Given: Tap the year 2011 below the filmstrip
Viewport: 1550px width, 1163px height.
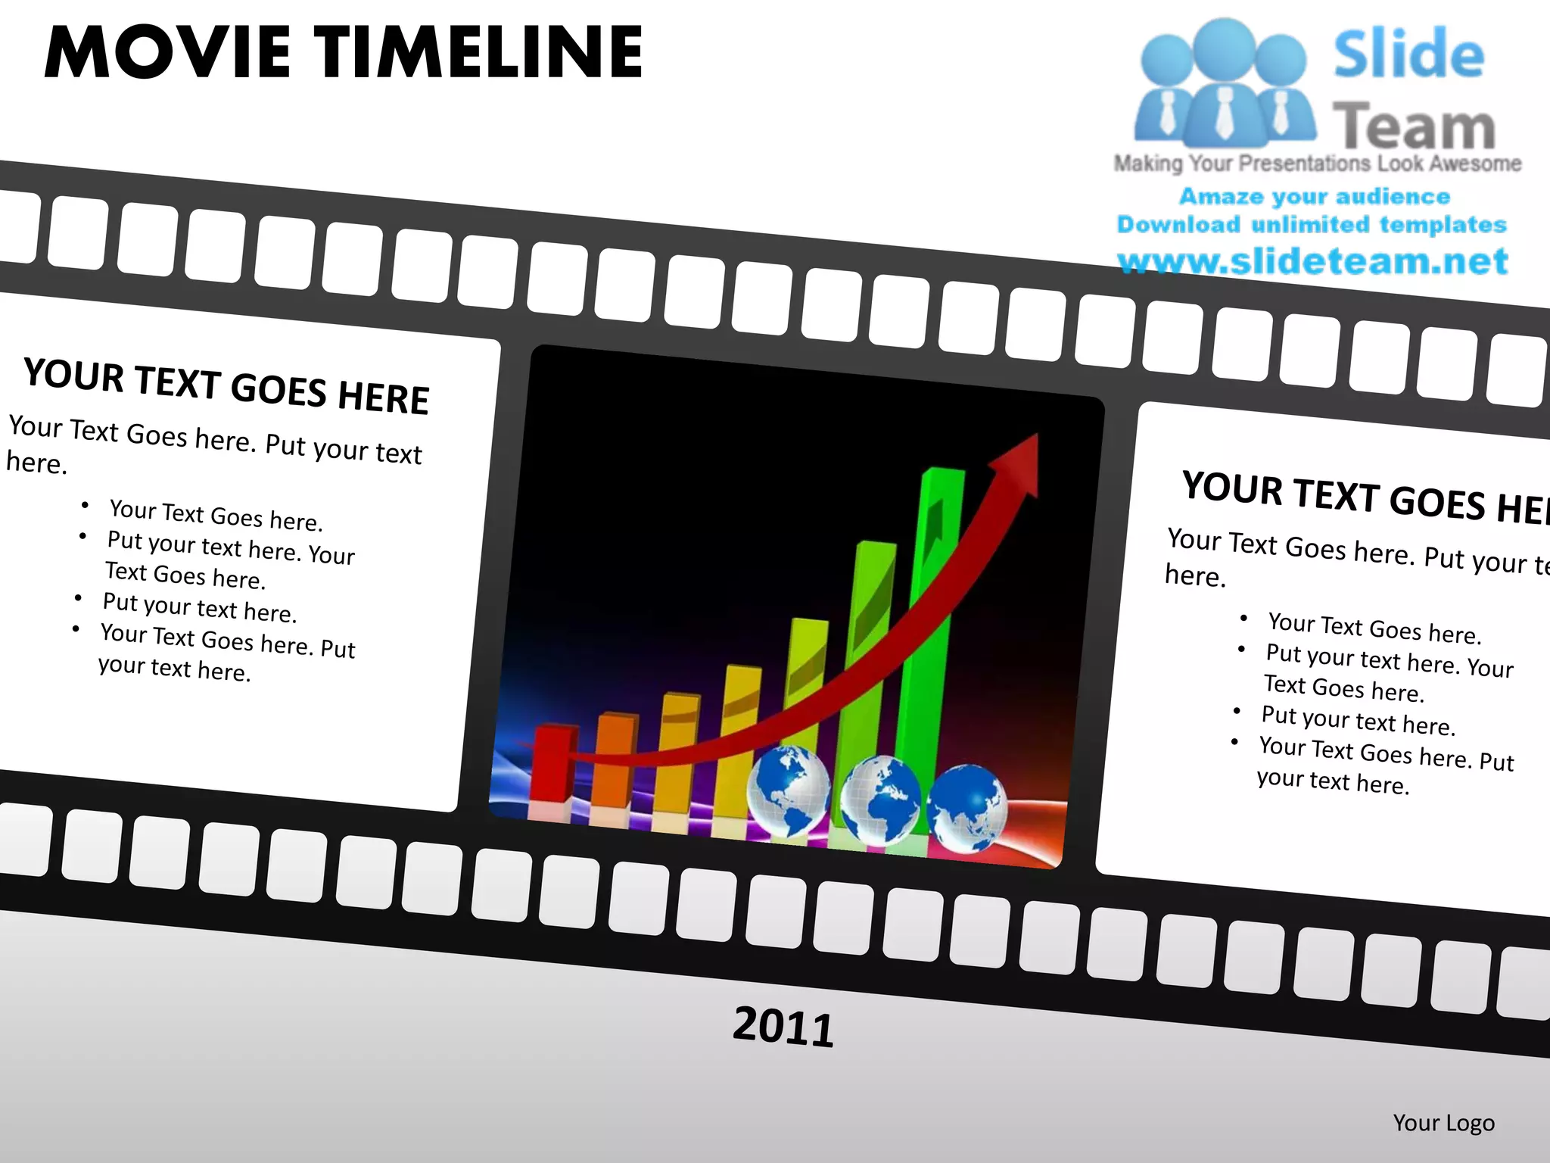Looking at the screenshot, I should pos(783,1027).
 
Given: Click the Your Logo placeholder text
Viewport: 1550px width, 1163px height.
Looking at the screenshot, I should pos(1443,1122).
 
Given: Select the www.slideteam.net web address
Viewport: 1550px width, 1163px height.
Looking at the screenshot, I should pos(1312,261).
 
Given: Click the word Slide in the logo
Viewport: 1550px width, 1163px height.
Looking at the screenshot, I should pos(1408,55).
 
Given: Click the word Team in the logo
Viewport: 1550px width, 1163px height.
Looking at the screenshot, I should pos(1413,126).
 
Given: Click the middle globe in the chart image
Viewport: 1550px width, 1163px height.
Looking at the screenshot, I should pos(880,800).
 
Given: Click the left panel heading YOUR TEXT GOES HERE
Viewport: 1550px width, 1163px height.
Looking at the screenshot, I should pos(226,386).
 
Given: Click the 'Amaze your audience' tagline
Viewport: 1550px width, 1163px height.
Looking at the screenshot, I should pos(1315,197).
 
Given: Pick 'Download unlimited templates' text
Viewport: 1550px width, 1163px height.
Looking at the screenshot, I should pos(1312,225).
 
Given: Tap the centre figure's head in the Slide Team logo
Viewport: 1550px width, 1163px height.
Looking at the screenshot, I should pos(1224,45).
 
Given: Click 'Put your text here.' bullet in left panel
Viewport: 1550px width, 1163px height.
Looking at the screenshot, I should pos(199,607).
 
